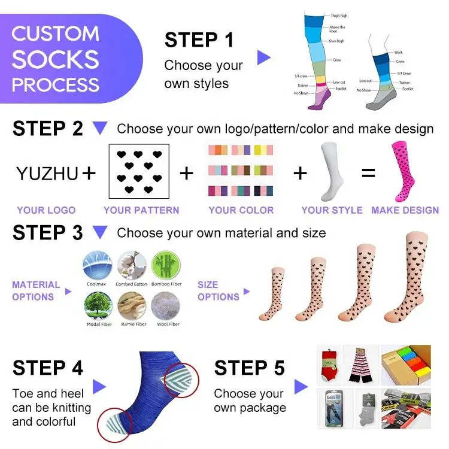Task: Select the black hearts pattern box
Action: [x=139, y=171]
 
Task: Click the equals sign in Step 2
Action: [x=368, y=174]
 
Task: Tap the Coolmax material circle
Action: [x=96, y=265]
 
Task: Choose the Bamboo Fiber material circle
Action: [x=166, y=265]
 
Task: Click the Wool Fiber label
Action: [x=168, y=324]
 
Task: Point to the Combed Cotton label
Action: [x=132, y=284]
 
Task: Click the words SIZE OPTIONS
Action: [x=218, y=290]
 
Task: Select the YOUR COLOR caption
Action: [x=241, y=210]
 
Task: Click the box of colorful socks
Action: [x=405, y=363]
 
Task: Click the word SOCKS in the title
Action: [x=55, y=59]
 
